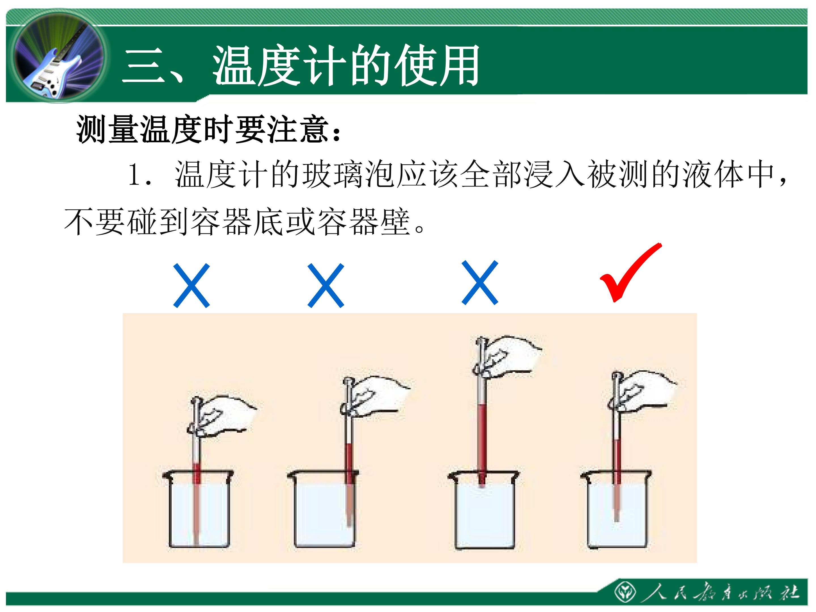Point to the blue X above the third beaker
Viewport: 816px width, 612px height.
480,282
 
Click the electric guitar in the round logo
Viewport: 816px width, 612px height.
55,66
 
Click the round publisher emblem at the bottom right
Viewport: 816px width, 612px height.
625,592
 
